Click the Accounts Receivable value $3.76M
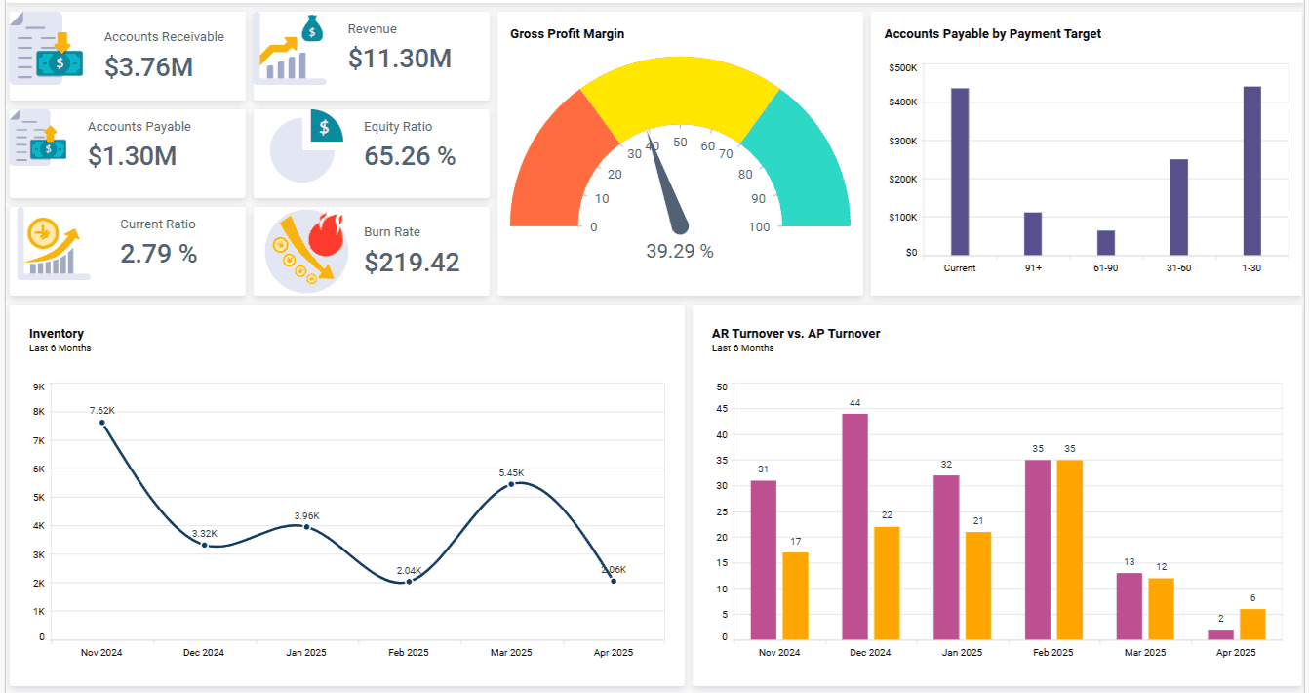(148, 66)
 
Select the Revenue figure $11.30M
(399, 59)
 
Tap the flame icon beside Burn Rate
(322, 236)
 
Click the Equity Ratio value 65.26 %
(410, 156)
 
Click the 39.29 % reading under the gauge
(680, 252)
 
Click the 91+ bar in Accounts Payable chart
(1033, 233)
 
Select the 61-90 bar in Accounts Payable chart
(1105, 243)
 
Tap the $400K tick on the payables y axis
(902, 102)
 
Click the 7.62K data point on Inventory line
(102, 423)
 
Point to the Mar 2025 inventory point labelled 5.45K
(511, 484)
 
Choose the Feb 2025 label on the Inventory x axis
(409, 653)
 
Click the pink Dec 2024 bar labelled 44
(854, 526)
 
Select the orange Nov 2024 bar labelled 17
(795, 595)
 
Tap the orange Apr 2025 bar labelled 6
(1252, 624)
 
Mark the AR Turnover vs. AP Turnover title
(796, 334)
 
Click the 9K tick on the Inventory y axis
(39, 387)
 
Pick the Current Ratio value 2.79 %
(159, 254)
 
